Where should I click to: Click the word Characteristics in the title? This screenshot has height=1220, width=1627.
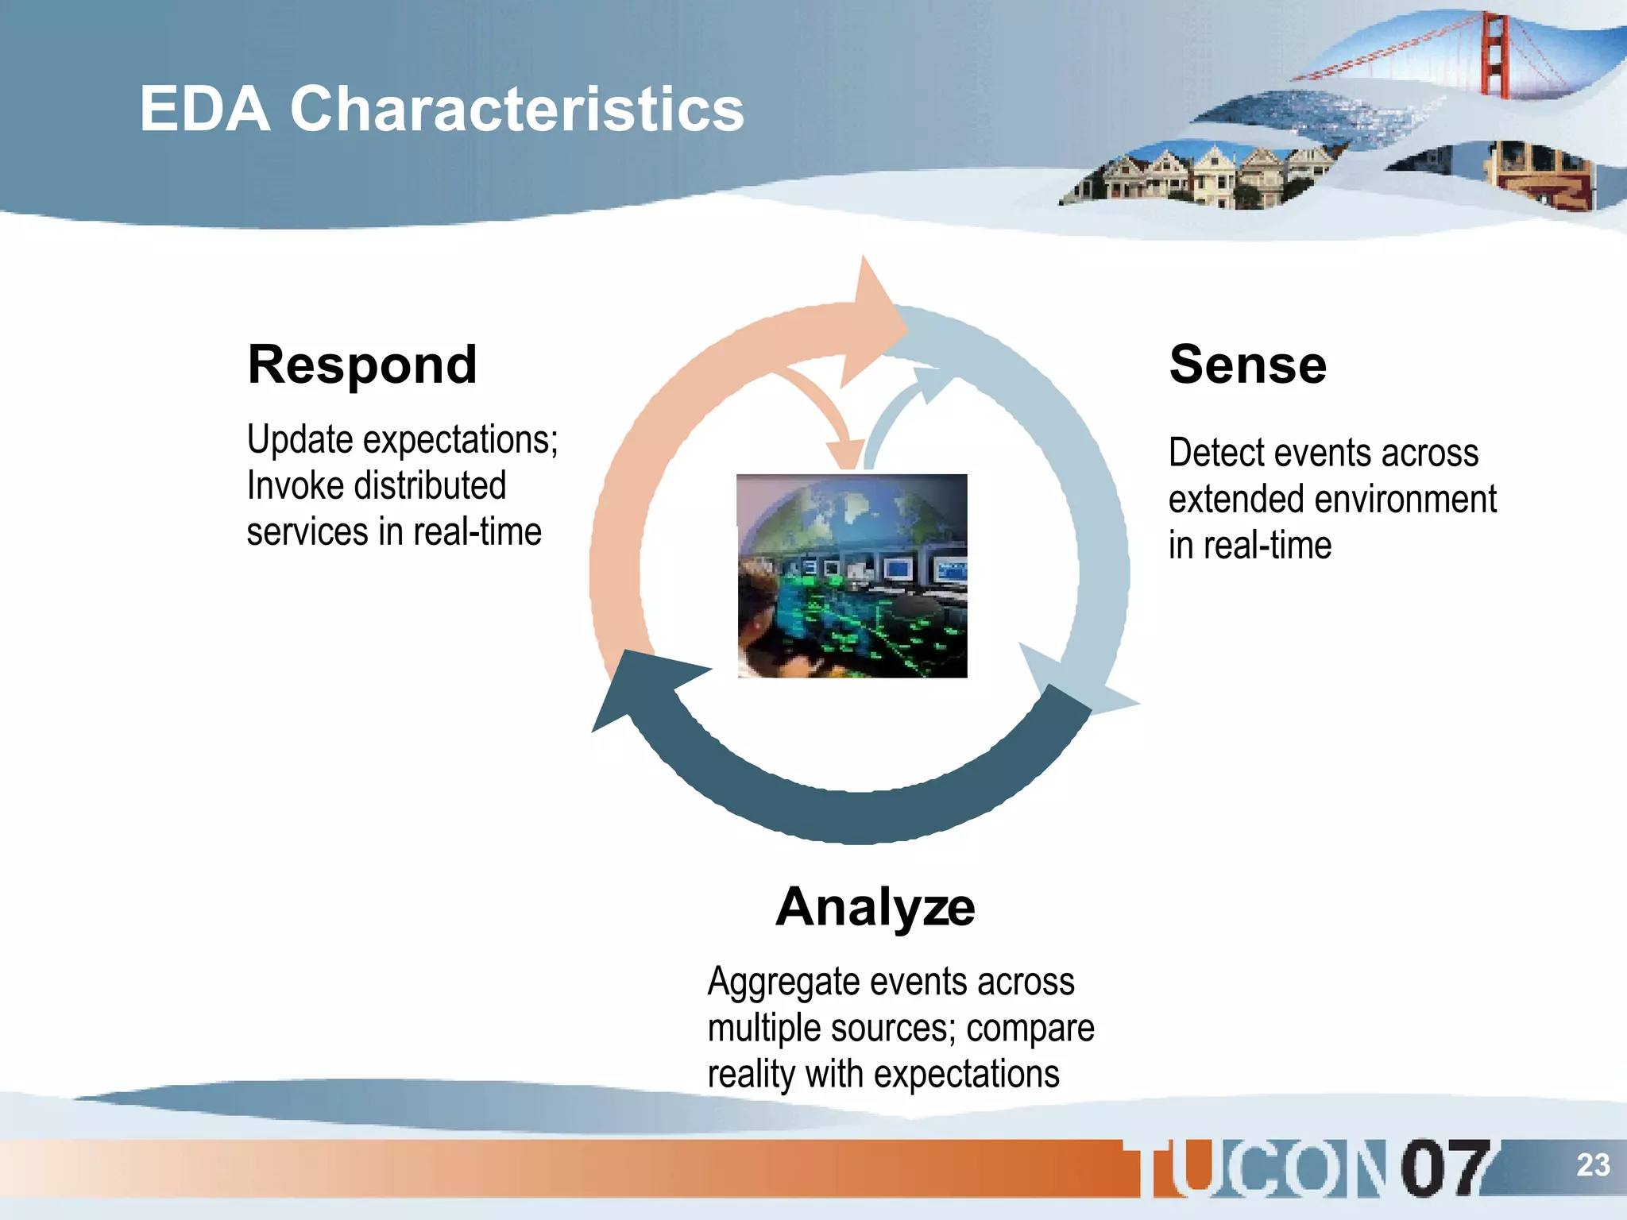[516, 110]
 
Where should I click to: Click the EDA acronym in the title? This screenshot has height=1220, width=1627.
[204, 110]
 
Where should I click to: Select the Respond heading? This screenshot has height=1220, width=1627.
[362, 365]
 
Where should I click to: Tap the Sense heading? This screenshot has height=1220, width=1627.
[1247, 365]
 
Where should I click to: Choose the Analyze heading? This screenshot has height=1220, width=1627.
[875, 907]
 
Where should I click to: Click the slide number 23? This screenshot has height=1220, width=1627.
[1592, 1165]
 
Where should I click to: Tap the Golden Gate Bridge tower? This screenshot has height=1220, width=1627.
[1495, 56]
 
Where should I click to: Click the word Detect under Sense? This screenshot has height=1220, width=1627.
[1212, 454]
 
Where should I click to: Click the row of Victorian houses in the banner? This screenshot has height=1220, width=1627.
[1192, 176]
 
